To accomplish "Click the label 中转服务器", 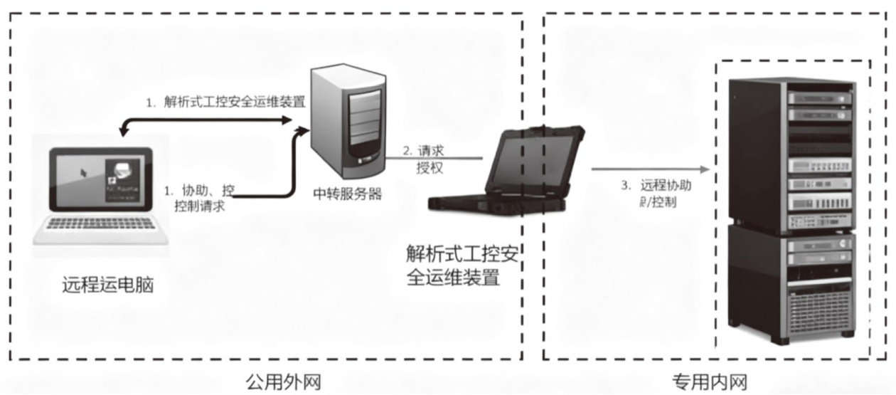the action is click(x=346, y=192).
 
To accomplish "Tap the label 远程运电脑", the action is click(x=107, y=287).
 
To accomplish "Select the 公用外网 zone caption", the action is click(x=278, y=382).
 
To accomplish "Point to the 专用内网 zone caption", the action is click(x=710, y=382).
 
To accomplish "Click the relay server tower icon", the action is click(x=348, y=121).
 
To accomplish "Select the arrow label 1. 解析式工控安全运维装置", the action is click(x=225, y=102).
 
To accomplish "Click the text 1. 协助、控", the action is click(x=198, y=191).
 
